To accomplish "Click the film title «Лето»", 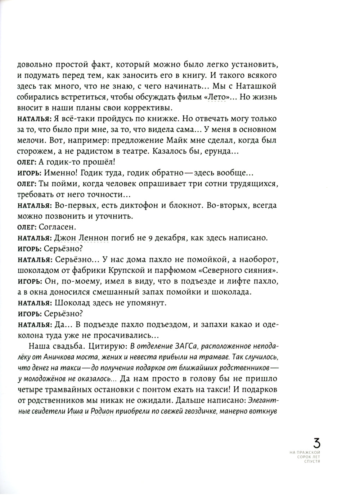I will pos(216,97).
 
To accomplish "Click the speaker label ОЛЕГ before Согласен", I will pos(26,227).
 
